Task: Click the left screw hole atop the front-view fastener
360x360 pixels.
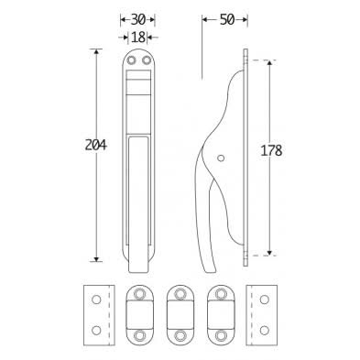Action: point(132,60)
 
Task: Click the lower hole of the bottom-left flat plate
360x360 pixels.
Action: point(93,327)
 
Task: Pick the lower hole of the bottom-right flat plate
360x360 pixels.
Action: point(262,327)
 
